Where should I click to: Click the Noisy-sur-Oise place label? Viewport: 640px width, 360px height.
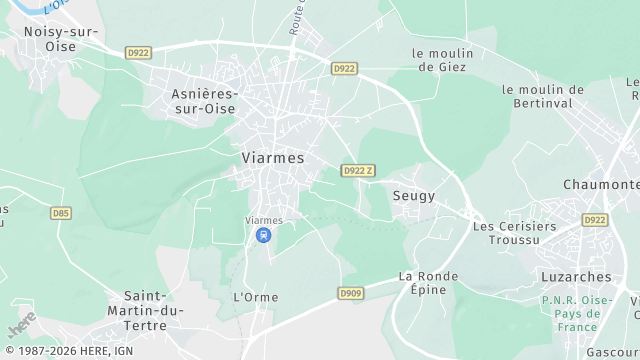[x=61, y=38]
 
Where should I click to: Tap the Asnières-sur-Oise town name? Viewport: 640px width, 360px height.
[x=204, y=100]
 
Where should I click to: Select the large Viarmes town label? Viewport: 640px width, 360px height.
[x=273, y=158]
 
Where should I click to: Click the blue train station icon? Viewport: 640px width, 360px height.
[x=263, y=236]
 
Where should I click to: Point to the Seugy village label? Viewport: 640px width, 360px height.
[x=414, y=196]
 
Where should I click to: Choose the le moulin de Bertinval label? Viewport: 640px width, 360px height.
[x=542, y=96]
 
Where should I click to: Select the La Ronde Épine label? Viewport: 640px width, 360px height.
[x=428, y=282]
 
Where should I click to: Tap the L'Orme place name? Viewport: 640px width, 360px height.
[x=255, y=297]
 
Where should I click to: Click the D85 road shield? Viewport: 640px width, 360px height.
[x=61, y=213]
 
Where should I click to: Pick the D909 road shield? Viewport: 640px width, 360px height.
[x=350, y=293]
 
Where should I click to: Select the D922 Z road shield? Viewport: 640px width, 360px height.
[x=358, y=171]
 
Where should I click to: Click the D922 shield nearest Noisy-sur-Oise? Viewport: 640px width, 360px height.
[x=138, y=52]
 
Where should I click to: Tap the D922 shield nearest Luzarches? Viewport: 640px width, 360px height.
[x=595, y=220]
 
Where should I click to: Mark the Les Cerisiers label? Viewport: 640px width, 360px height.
[x=514, y=226]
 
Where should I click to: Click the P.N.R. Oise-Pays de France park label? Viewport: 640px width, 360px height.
[x=577, y=313]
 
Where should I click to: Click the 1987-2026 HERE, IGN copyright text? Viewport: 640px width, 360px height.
[x=68, y=351]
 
